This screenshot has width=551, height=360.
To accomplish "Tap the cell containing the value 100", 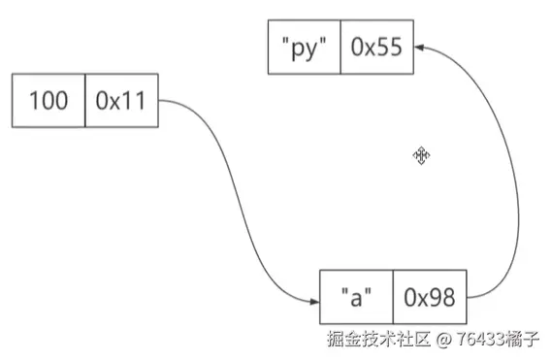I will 49,100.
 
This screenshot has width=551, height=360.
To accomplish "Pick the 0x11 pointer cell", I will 121,100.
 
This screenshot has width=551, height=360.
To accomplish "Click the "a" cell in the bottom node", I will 355,297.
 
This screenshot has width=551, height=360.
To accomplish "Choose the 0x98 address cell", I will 429,297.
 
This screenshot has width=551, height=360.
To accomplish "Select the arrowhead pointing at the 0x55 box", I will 422,46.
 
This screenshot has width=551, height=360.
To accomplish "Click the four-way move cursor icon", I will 422,155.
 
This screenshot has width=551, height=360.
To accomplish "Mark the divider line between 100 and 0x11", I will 85,100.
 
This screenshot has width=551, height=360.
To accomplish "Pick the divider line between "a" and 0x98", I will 392,297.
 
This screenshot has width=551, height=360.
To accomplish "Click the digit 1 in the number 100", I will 33,100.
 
